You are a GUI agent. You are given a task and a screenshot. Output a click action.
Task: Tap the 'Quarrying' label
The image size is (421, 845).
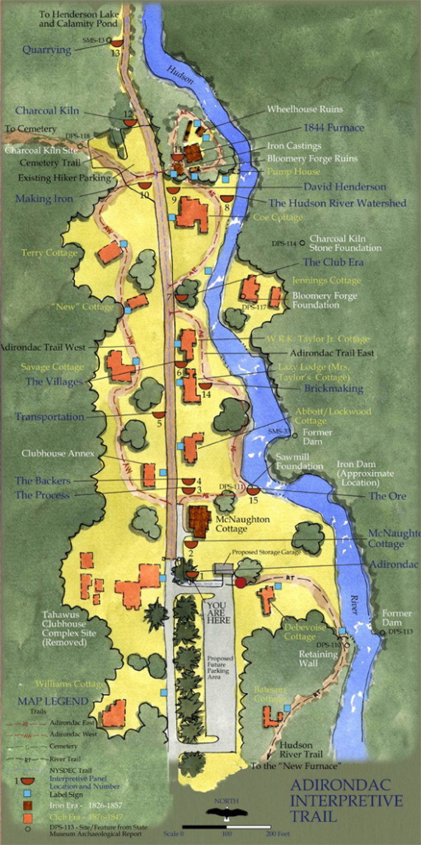point(47,50)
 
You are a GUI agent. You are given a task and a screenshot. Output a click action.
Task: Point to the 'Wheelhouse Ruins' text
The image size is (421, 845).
point(305,109)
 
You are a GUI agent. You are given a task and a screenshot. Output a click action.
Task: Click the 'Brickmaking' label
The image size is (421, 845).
point(334,387)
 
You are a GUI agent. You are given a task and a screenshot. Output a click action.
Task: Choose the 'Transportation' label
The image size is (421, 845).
point(49,417)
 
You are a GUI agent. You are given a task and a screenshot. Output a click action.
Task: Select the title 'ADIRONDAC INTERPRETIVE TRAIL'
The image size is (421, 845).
point(346,800)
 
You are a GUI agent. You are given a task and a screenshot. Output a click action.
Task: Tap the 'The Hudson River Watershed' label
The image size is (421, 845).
point(337,203)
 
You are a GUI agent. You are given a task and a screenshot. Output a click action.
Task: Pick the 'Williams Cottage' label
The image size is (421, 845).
point(69,684)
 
